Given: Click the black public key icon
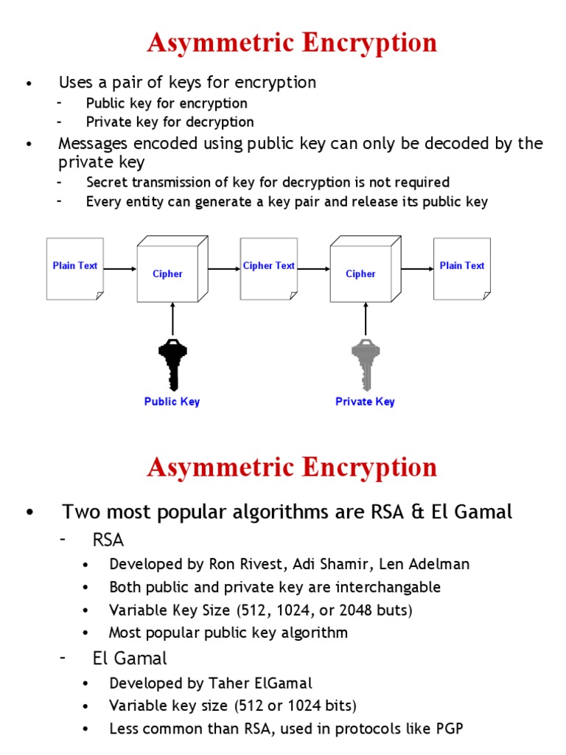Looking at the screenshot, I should pyautogui.click(x=172, y=363).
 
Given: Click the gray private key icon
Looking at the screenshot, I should pyautogui.click(x=366, y=363).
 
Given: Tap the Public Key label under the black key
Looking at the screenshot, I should pyautogui.click(x=172, y=402).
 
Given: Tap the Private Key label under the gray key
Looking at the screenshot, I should pyautogui.click(x=365, y=402).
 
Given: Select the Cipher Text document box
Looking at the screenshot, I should pyautogui.click(x=269, y=268).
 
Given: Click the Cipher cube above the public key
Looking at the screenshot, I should pyautogui.click(x=168, y=273).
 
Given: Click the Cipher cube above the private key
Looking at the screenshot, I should pyautogui.click(x=361, y=273).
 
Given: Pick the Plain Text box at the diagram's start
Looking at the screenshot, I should pyautogui.click(x=75, y=268).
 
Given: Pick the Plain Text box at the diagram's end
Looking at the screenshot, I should pyautogui.click(x=462, y=268).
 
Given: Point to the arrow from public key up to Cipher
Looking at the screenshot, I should pyautogui.click(x=172, y=319).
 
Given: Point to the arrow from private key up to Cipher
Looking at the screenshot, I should pyautogui.click(x=366, y=319).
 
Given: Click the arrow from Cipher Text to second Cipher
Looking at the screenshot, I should pyautogui.click(x=314, y=269).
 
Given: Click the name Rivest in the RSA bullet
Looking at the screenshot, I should pyautogui.click(x=261, y=564).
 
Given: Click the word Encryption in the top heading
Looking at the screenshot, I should pyautogui.click(x=375, y=43).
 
